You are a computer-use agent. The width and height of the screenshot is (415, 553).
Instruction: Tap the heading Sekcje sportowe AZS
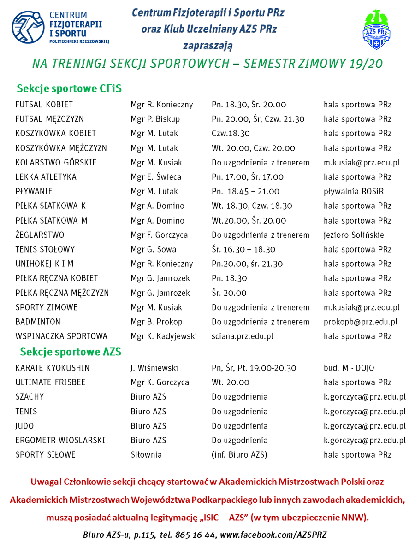[71, 352]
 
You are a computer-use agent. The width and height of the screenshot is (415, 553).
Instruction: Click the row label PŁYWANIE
[34, 191]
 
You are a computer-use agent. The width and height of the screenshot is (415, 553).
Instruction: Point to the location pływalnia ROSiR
[354, 191]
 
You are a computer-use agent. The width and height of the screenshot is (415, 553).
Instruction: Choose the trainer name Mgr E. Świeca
[156, 177]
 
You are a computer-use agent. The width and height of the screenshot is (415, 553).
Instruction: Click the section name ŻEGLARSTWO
[40, 235]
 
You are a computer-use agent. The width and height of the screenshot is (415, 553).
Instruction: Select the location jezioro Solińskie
[354, 235]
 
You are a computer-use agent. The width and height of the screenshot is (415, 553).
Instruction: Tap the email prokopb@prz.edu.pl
[361, 322]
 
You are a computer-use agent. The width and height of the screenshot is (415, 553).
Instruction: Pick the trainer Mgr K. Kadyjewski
[164, 336]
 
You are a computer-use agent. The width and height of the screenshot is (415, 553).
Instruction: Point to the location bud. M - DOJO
[349, 368]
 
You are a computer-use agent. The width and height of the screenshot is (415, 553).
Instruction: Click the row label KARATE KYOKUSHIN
[53, 368]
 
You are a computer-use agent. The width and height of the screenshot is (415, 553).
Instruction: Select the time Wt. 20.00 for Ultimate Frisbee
[231, 382]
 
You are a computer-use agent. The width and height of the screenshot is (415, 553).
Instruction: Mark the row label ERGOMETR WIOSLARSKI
[60, 440]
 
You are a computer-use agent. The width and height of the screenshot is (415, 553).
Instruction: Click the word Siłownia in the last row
[146, 455]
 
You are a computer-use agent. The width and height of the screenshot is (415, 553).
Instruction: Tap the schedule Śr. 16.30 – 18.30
[243, 249]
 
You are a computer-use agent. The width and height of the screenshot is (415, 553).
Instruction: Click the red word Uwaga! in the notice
[45, 482]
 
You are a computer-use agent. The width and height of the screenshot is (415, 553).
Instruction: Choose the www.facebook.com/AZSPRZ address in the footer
[273, 535]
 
